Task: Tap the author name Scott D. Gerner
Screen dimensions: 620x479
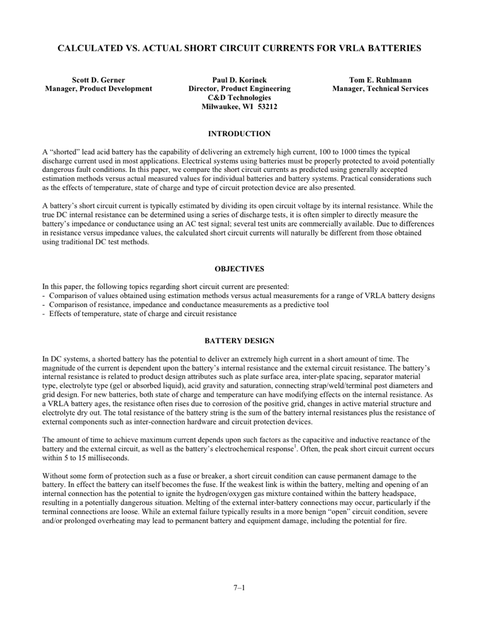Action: tap(99, 80)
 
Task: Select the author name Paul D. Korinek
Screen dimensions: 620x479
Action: tap(239, 80)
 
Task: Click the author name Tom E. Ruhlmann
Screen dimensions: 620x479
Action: tap(380, 80)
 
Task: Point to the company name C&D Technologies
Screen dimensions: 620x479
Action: tap(239, 97)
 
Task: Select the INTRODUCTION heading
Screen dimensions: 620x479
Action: tap(239, 133)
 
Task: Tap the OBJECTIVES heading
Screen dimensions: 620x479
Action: tap(239, 269)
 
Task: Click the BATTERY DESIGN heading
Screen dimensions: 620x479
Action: tap(239, 341)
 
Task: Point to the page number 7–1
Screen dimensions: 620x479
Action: tap(239, 587)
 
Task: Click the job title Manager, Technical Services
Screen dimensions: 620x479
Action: tap(380, 89)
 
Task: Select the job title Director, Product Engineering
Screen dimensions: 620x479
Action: tap(239, 89)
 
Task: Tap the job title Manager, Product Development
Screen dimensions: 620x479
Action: tap(99, 89)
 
